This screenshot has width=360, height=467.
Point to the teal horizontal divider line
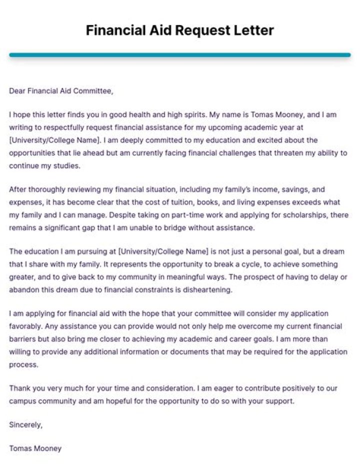click(180, 55)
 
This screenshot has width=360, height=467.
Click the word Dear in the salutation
click(16, 91)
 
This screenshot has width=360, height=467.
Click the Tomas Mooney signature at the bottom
click(35, 448)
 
